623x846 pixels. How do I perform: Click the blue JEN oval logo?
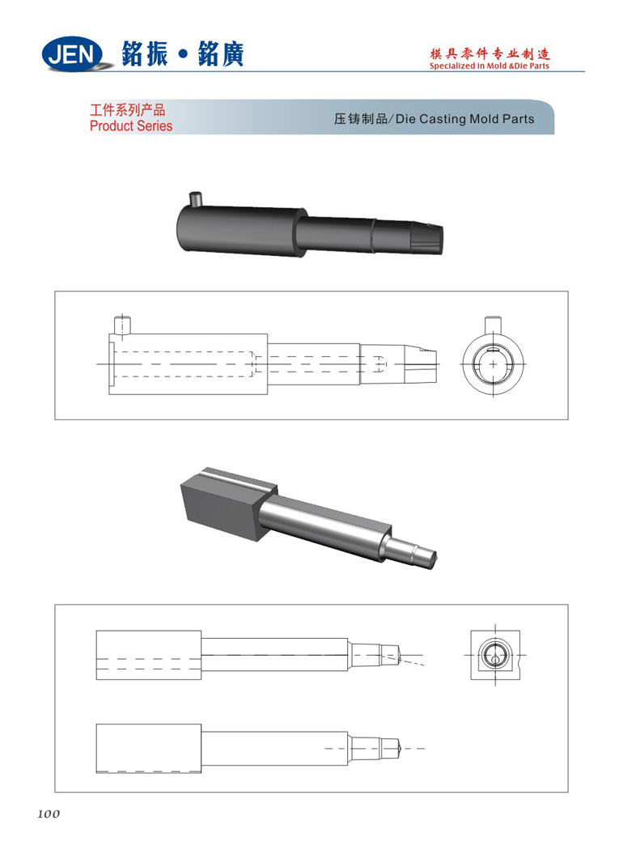pos(72,54)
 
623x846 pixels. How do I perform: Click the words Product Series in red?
pos(131,125)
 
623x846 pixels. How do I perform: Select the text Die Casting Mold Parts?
pos(465,119)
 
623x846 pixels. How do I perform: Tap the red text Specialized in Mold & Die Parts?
pos(489,66)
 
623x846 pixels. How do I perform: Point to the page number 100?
pos(49,814)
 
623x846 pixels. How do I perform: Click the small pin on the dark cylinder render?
pos(195,199)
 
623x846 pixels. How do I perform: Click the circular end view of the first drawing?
pos(493,364)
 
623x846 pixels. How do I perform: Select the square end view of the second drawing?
pos(495,655)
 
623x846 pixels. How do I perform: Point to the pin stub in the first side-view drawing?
pos(122,325)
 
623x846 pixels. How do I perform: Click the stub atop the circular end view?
pos(493,325)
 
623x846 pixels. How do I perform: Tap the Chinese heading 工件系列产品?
pos(127,110)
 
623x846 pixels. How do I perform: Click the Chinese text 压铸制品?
pos(360,119)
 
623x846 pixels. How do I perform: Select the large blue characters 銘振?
pos(145,54)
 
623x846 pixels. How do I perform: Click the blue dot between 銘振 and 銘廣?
pos(183,54)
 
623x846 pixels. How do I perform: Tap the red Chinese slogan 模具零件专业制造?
pos(489,53)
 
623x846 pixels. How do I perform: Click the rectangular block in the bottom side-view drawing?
pos(149,748)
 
